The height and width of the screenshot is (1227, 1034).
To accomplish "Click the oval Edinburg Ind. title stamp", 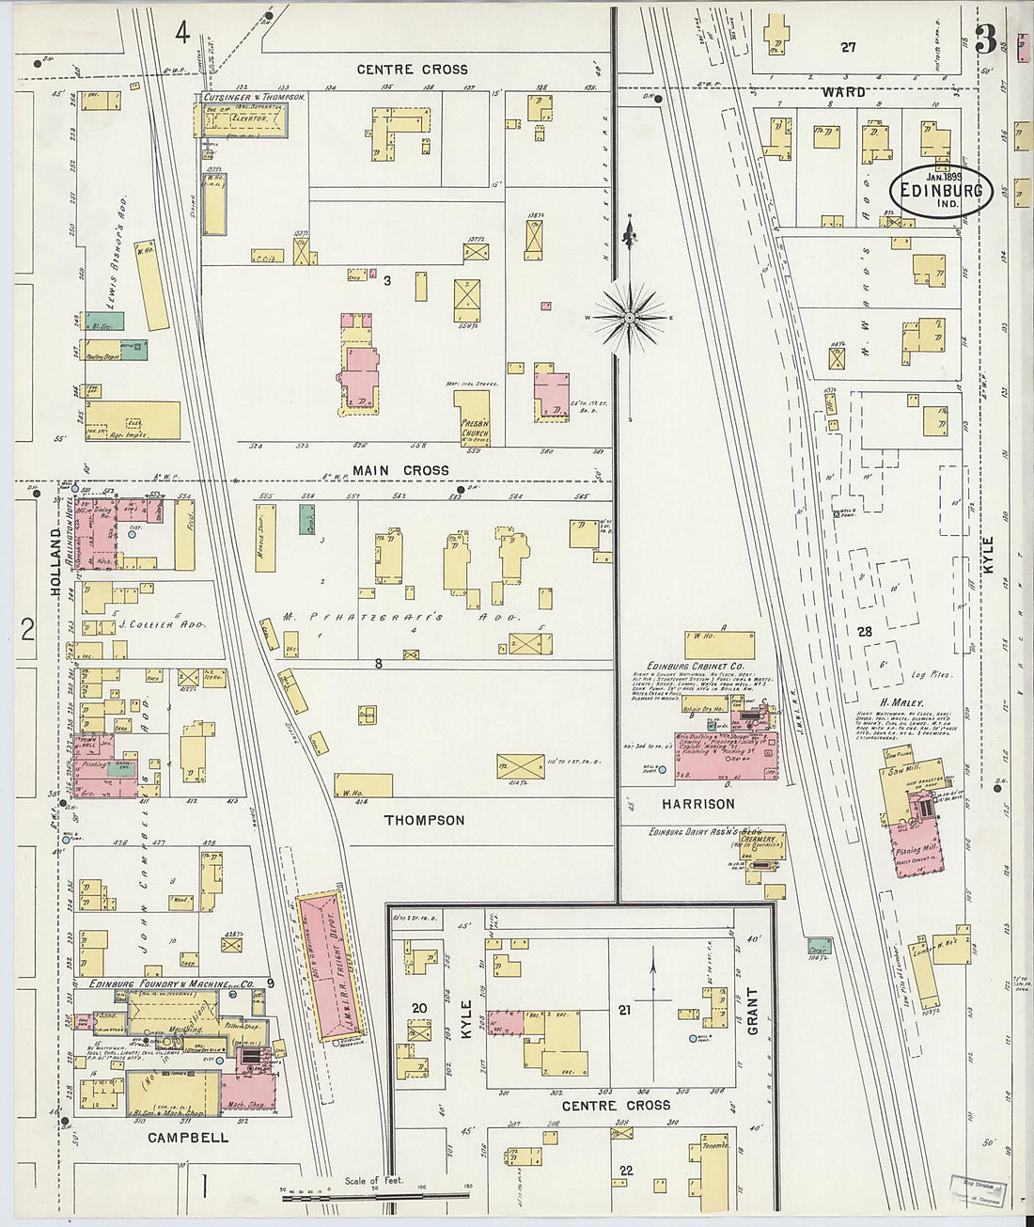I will point(941,191).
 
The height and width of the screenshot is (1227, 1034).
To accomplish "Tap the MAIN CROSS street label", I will point(401,470).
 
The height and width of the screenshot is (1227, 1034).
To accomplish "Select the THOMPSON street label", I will point(424,820).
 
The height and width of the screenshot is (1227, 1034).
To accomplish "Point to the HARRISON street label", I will point(697,804).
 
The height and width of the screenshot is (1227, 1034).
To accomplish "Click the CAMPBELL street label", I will point(188,1137).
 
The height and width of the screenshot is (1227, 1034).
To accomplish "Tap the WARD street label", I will point(843,92).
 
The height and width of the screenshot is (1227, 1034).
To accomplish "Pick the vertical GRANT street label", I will point(753,1012).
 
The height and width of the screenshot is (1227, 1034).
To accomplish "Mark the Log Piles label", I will point(931,675).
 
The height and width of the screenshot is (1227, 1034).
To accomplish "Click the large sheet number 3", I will point(985,39).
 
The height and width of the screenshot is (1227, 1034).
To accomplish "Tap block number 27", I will point(849,47).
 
